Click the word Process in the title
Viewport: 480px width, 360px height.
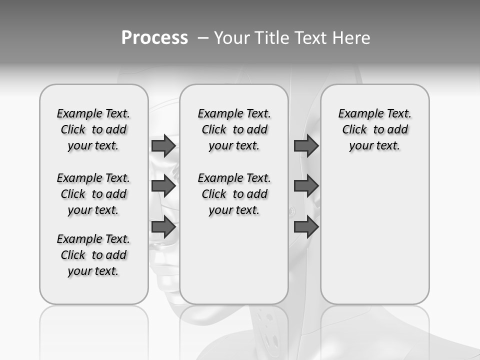pyautogui.click(x=154, y=37)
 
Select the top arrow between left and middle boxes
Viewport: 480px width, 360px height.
pyautogui.click(x=163, y=145)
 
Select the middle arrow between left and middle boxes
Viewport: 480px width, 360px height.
pyautogui.click(x=163, y=186)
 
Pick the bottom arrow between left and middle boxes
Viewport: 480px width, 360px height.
pyautogui.click(x=163, y=227)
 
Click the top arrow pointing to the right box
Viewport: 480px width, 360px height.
pyautogui.click(x=306, y=145)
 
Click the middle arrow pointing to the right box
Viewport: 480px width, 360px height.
pyautogui.click(x=306, y=186)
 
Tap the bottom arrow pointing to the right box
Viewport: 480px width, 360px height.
pyautogui.click(x=306, y=227)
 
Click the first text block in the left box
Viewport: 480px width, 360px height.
pyautogui.click(x=93, y=129)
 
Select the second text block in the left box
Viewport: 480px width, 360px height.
pyautogui.click(x=93, y=194)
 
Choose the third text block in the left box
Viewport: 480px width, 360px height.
pyautogui.click(x=93, y=255)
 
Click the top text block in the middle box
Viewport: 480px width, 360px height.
pyautogui.click(x=234, y=129)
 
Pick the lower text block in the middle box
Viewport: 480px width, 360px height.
pyautogui.click(x=234, y=194)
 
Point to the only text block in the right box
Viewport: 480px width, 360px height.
pyautogui.click(x=374, y=129)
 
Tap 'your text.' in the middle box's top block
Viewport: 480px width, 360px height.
pyautogui.click(x=234, y=146)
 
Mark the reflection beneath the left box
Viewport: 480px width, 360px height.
pyautogui.click(x=94, y=330)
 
